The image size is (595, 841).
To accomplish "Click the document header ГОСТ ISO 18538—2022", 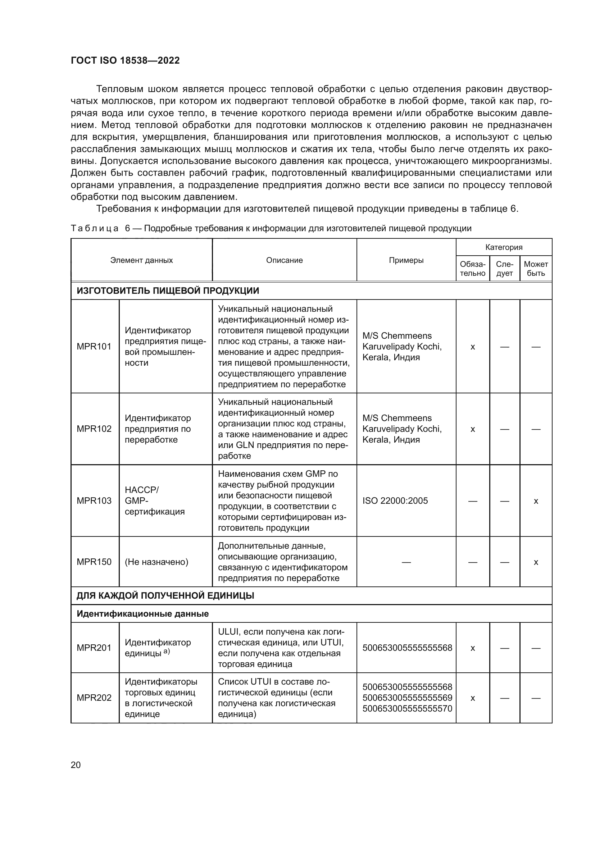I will point(125,60).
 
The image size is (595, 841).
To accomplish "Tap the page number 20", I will point(76,765).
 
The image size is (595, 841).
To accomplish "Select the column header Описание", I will point(284,260).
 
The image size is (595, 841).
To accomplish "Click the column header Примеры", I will point(406,260).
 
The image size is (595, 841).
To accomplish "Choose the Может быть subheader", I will point(536,269).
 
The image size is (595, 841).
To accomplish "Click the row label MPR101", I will point(94,347).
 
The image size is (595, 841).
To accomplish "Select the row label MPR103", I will point(94,501).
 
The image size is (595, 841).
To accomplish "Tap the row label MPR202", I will point(94,698).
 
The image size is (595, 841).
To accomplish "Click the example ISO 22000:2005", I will point(395,501).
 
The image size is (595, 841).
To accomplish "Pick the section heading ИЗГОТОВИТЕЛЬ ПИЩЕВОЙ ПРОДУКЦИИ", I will point(168,291).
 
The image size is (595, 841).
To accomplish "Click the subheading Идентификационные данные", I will point(142,613).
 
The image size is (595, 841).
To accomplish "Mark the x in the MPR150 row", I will point(536,562).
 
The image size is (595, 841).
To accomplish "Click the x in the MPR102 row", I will point(472,429).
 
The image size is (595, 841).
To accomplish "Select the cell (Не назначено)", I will point(156,562).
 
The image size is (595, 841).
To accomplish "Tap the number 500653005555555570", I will point(407,708).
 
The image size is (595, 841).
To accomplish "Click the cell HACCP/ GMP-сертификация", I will point(155,501).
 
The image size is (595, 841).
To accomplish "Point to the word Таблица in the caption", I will point(95,229).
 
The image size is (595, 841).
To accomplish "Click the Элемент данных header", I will point(141,260).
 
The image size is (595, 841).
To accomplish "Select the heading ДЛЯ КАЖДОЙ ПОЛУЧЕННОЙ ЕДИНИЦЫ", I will point(165,595).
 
